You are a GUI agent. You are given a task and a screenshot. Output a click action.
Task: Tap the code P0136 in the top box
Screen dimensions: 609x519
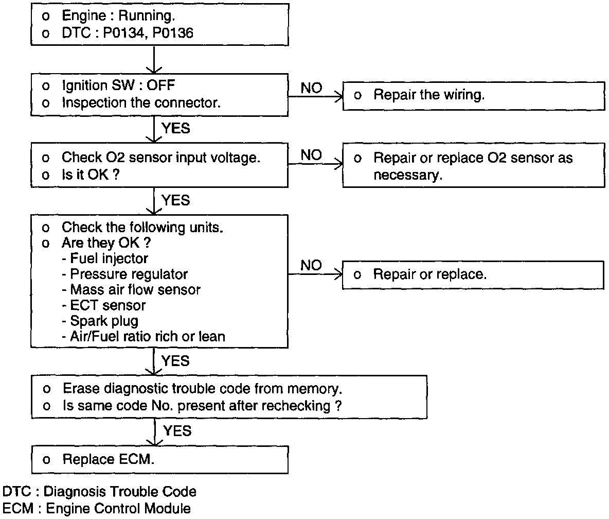coord(172,33)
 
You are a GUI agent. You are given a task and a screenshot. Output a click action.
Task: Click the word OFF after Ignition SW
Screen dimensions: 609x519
coord(161,85)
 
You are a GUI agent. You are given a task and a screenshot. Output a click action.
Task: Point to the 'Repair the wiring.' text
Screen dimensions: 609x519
coord(429,95)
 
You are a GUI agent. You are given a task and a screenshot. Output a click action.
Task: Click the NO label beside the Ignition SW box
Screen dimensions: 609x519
coord(312,88)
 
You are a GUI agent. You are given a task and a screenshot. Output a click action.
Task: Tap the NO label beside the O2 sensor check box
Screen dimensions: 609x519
coord(312,155)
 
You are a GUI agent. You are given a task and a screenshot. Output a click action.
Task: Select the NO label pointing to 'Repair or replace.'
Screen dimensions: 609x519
coord(312,266)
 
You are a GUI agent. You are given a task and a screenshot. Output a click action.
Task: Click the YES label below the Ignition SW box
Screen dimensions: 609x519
coord(176,128)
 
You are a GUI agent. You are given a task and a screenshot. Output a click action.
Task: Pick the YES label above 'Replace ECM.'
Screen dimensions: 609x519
coord(177,431)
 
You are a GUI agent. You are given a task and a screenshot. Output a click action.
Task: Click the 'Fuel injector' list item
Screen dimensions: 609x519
coord(105,258)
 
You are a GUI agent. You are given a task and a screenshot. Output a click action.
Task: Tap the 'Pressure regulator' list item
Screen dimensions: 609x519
coord(124,274)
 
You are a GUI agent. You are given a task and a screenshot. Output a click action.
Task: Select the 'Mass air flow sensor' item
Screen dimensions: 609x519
coord(131,290)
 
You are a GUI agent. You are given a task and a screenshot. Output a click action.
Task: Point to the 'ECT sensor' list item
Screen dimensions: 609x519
coord(104,305)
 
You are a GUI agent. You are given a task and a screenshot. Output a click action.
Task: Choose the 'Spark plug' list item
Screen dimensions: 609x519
coord(100,321)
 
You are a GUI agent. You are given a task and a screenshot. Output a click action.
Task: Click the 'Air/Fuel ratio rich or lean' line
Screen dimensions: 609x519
coord(144,337)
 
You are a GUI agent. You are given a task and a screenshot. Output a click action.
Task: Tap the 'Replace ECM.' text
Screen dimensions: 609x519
coord(109,459)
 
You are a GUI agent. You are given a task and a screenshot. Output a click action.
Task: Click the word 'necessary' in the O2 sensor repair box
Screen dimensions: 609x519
coord(407,176)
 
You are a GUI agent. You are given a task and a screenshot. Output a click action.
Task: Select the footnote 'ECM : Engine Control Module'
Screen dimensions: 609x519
coord(96,509)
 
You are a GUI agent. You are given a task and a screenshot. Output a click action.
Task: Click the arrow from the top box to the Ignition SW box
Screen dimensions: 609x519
coord(154,60)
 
